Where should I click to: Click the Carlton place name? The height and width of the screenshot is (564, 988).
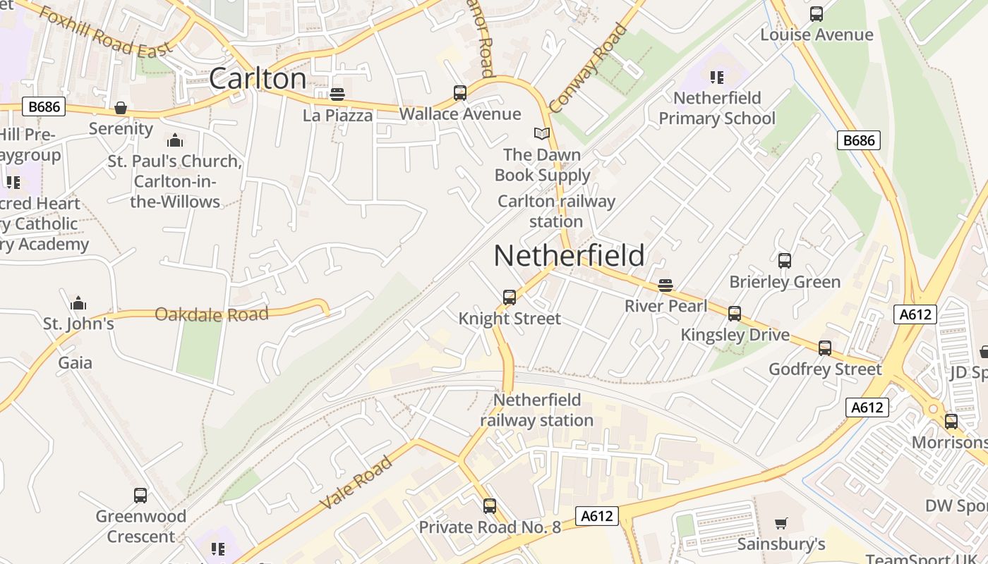coord(258,78)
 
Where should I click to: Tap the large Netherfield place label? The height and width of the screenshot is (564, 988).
coord(569,255)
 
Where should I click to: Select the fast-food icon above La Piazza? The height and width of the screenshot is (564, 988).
coord(337,94)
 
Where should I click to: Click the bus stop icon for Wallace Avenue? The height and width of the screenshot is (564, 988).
coord(460,93)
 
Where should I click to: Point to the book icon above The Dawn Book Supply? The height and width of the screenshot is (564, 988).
coord(541,134)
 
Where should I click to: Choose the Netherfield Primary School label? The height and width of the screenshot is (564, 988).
coord(717,108)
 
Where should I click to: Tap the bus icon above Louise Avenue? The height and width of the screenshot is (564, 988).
coord(817,14)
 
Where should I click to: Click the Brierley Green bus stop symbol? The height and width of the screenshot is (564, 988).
coord(785,261)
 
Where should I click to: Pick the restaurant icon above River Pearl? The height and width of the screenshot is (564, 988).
coord(665,286)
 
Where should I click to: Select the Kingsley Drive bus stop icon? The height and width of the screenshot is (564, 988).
coord(735,314)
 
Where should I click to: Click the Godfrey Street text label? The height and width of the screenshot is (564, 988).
coord(825,369)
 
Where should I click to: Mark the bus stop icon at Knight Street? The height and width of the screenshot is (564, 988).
coord(510,298)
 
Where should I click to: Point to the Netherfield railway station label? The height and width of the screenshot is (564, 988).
coord(537,410)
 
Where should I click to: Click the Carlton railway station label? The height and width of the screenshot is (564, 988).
coord(556,211)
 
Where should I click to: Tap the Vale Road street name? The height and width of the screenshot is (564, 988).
coord(356,483)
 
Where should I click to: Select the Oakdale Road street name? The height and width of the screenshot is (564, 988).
coord(212,314)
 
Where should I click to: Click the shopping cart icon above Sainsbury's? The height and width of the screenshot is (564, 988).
coord(781,524)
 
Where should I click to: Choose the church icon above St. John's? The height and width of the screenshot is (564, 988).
coord(78,303)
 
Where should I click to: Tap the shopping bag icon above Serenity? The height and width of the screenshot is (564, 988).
coord(121,108)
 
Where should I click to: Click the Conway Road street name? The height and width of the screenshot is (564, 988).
coord(588,68)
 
